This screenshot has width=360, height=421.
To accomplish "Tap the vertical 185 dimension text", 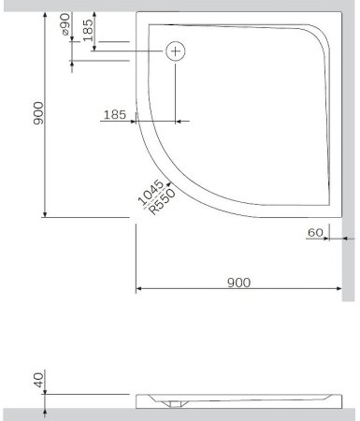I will pos(87,31).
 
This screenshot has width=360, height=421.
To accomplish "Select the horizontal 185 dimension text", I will pos(113,114).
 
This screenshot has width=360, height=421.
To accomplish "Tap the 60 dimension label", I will pos(313,231).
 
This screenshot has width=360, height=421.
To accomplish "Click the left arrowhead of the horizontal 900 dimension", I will pos(140,288).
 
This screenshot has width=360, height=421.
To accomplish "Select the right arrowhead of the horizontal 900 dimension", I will pos(338,288).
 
